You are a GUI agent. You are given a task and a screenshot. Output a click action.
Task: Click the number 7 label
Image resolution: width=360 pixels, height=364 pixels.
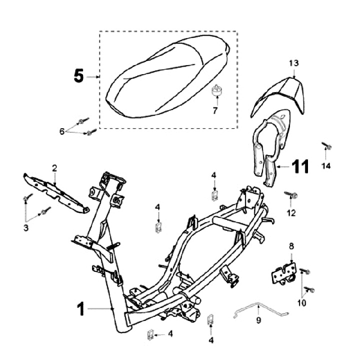pos(215,110)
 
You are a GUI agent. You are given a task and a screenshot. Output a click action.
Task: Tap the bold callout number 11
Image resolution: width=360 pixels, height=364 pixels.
pos(299,167)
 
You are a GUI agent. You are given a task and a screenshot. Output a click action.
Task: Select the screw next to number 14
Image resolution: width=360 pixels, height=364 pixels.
pos(327,147)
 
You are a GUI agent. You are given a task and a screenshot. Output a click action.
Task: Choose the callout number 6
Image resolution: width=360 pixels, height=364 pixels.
pos(62,131)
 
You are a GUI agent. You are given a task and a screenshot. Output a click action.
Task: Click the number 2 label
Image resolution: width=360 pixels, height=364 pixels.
pos(55,167)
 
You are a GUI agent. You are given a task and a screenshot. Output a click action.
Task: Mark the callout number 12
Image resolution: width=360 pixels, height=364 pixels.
pos(291,213)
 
